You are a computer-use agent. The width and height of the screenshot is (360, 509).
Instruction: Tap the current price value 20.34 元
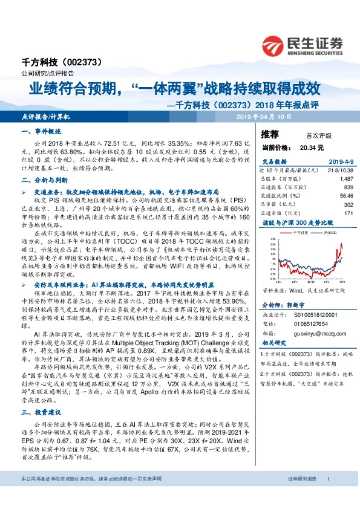point(311,147)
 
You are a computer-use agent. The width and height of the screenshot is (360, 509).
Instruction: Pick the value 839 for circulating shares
point(348,187)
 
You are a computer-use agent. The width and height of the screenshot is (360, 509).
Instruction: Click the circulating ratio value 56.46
point(346,196)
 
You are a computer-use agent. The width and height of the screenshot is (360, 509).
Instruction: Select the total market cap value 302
point(348,204)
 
